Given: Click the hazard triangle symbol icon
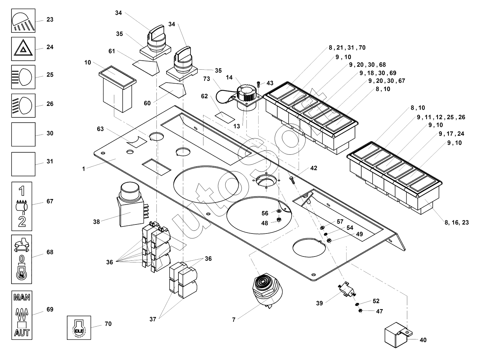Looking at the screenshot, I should tap(23, 48).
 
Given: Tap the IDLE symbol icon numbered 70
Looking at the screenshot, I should tap(79, 328).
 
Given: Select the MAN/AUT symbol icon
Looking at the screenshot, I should tap(22, 315).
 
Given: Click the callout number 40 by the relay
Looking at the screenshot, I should tap(423, 340).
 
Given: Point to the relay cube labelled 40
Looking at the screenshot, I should tap(396, 336).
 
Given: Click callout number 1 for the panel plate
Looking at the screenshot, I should tap(84, 169).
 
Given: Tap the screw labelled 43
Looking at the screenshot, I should tap(258, 84).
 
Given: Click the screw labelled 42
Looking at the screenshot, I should tap(292, 179).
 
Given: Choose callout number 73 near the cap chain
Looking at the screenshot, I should tap(207, 79).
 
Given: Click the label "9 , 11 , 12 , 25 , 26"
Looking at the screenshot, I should tap(441, 117).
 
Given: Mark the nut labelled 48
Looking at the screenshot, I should tap(279, 220).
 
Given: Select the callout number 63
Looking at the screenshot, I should tap(100, 129).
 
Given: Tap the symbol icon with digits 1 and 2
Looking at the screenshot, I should tap(22, 206).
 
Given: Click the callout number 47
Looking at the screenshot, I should tap(379, 311).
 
